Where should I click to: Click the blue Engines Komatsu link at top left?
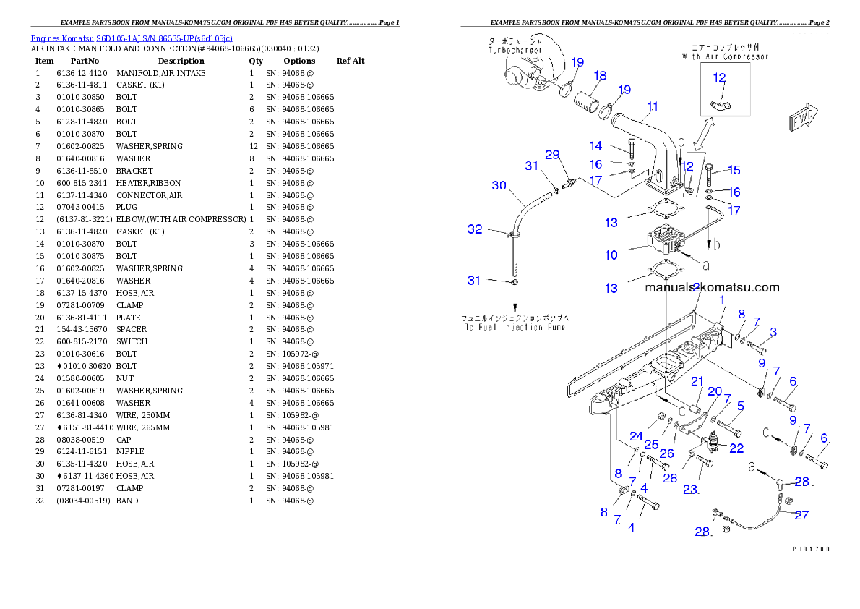pyautogui.click(x=131, y=38)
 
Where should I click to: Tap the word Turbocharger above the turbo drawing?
pyautogui.click(x=515, y=51)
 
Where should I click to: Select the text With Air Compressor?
pyautogui.click(x=725, y=56)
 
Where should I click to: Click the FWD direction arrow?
pyautogui.click(x=798, y=120)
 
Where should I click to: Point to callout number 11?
pyautogui.click(x=652, y=106)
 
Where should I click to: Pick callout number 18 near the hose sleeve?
pyautogui.click(x=600, y=75)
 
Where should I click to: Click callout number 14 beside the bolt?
pyautogui.click(x=595, y=146)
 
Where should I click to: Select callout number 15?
pyautogui.click(x=734, y=170)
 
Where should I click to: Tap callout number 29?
pyautogui.click(x=552, y=155)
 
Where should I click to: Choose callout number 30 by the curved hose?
pyautogui.click(x=499, y=186)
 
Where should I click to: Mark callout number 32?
pyautogui.click(x=474, y=229)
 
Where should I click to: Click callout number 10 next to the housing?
pyautogui.click(x=611, y=255)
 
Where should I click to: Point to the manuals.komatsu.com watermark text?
pyautogui.click(x=712, y=287)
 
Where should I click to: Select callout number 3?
pyautogui.click(x=773, y=332)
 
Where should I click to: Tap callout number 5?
pyautogui.click(x=739, y=406)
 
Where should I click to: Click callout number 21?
pyautogui.click(x=697, y=381)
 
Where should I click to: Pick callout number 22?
pyautogui.click(x=736, y=448)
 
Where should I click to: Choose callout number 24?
pyautogui.click(x=635, y=436)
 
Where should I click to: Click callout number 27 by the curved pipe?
pyautogui.click(x=801, y=516)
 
